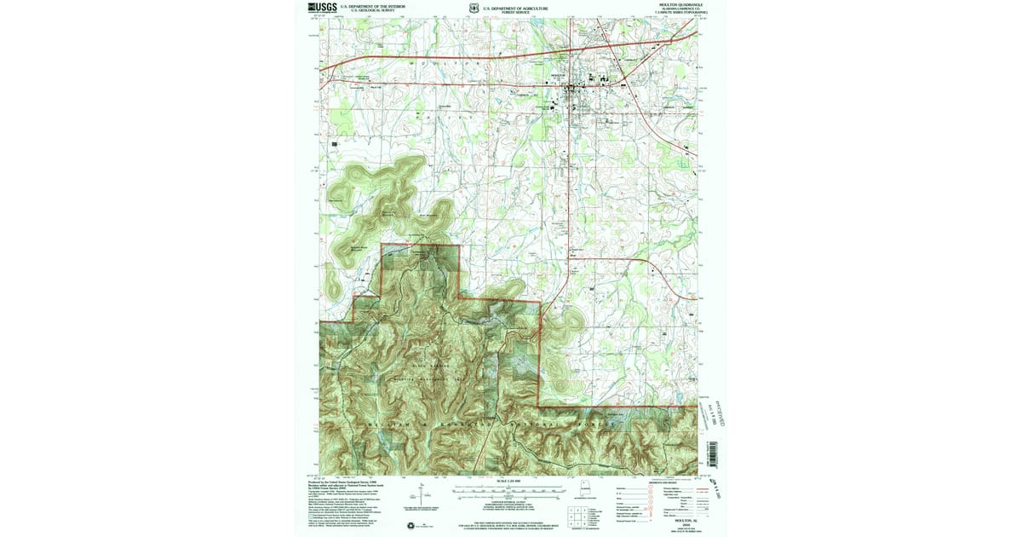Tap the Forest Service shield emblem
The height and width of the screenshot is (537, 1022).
click(472, 8)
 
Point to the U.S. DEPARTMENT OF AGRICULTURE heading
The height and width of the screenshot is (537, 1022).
click(515, 7)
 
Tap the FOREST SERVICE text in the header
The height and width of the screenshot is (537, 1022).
click(515, 12)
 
